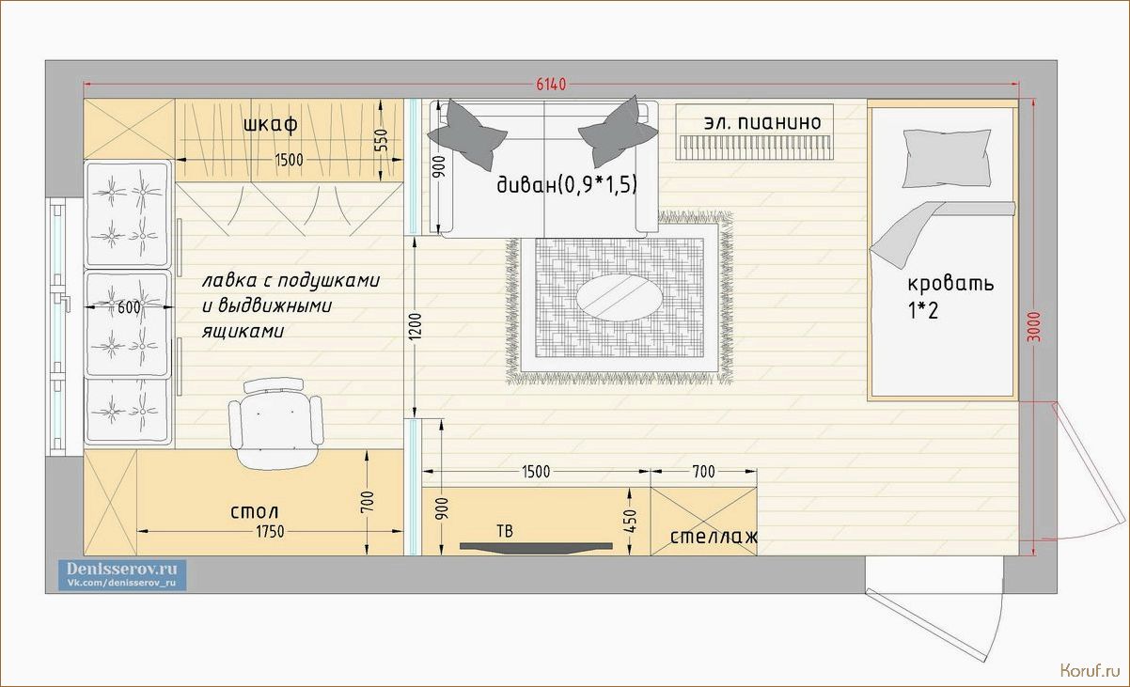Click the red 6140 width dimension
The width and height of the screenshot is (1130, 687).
551,85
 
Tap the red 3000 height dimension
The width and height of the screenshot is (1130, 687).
1034,327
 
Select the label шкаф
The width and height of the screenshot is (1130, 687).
271,124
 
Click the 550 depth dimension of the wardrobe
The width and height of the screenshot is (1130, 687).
383,140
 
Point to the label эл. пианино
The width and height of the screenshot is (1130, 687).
762,122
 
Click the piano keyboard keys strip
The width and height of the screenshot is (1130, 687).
755,147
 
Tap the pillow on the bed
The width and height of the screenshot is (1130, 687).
946,159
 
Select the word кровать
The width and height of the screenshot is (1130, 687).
950,283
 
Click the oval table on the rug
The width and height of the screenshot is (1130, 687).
619,298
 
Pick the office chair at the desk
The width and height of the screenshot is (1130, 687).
275,423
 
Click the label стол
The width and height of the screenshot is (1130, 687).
254,512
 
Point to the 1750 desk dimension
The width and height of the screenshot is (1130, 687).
270,532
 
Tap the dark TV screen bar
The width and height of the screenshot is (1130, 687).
536,548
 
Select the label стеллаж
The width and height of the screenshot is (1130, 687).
714,537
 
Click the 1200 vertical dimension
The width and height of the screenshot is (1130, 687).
415,326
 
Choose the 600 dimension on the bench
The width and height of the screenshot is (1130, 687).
129,307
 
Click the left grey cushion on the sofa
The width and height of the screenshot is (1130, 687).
467,134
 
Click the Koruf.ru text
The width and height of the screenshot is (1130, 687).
1090,670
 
